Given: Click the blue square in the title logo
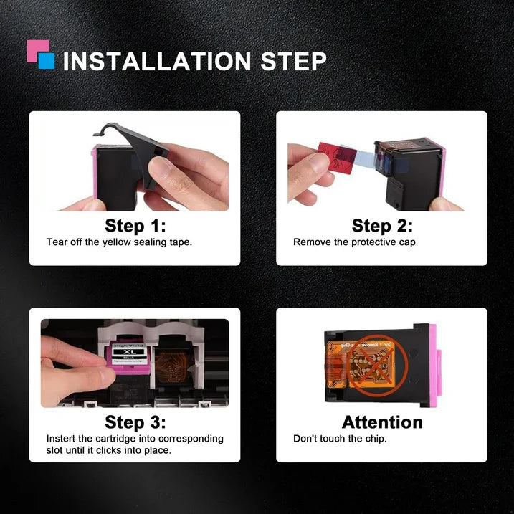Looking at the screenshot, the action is point(47,61).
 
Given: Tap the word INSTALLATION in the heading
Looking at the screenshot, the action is point(157,62).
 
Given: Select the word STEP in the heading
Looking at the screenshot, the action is point(293,62).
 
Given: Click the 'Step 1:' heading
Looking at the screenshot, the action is point(135,226).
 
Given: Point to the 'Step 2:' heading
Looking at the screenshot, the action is point(382,226).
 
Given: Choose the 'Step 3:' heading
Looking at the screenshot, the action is point(135,422).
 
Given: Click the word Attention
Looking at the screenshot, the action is point(382,422).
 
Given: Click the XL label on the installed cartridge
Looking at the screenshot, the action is point(130,352).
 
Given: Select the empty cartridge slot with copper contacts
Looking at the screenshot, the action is point(172,362).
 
